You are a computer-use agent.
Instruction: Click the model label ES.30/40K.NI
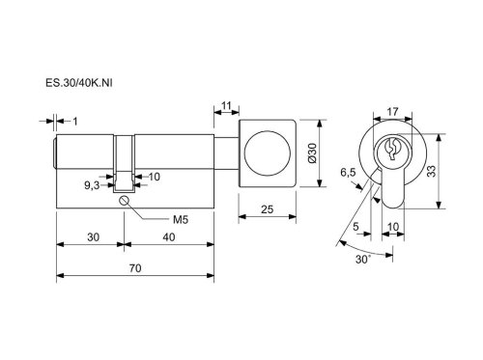pyautogui.click(x=79, y=83)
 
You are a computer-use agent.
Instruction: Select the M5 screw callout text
pyautogui.click(x=181, y=220)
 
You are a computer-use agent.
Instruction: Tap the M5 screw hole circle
pyautogui.click(x=124, y=200)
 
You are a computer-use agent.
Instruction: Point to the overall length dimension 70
pyautogui.click(x=135, y=268)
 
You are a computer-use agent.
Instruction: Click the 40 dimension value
pyautogui.click(x=169, y=237)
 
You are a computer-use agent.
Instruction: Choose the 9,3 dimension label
pyautogui.click(x=92, y=185)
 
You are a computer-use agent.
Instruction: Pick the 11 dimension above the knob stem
pyautogui.click(x=227, y=105)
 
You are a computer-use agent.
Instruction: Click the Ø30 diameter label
pyautogui.click(x=312, y=153)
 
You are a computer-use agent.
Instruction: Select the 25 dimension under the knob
pyautogui.click(x=267, y=209)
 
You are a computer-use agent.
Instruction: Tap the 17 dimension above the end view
pyautogui.click(x=392, y=112)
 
